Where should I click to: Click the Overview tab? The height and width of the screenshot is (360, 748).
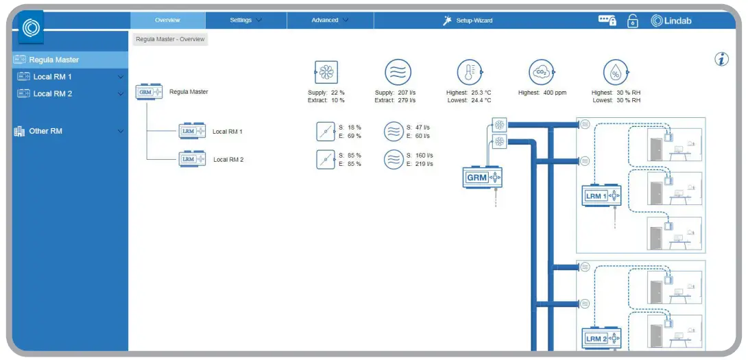pos(167,21)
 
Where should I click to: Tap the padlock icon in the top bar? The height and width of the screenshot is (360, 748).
pos(633,21)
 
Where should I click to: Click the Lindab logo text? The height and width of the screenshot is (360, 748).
pos(671,21)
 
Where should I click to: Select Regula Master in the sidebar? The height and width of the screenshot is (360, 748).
pos(53,60)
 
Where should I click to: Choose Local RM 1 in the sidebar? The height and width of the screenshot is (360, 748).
pos(52,77)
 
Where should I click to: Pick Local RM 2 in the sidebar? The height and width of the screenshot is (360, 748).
pos(52,94)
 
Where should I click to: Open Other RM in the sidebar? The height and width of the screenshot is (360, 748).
pos(45,131)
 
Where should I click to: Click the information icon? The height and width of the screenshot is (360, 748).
pos(721,60)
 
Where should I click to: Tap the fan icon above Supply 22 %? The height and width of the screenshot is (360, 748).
pos(326,72)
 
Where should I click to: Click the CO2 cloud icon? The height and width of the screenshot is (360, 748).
pos(541,72)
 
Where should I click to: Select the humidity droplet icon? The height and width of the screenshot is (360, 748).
pos(616,72)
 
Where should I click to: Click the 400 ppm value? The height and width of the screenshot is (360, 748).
pos(554,93)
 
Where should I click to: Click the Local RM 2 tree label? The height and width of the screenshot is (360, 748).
pos(228,160)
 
